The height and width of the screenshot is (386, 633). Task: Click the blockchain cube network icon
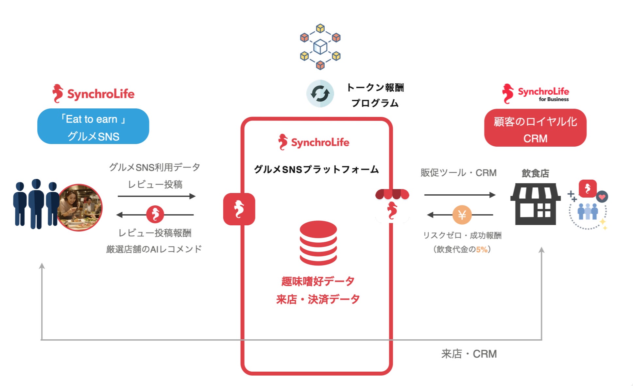pyautogui.click(x=320, y=47)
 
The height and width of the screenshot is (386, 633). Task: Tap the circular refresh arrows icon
pyautogui.click(x=320, y=93)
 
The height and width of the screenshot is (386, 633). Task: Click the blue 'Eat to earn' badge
pyautogui.click(x=93, y=126)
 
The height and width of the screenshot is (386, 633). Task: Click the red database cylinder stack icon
pyautogui.click(x=318, y=243)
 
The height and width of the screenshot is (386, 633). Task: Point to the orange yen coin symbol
pyautogui.click(x=462, y=215)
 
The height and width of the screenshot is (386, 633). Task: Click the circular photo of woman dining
pyautogui.click(x=79, y=207)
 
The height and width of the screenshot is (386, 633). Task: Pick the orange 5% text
pyautogui.click(x=482, y=249)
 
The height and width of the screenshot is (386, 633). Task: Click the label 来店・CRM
pyautogui.click(x=469, y=354)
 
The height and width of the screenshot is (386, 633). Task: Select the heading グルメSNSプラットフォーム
pyautogui.click(x=316, y=169)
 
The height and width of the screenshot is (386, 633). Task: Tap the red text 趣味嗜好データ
pyautogui.click(x=318, y=281)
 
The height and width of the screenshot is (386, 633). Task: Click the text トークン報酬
pyautogui.click(x=375, y=88)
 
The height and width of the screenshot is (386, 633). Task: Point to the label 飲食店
pyautogui.click(x=535, y=173)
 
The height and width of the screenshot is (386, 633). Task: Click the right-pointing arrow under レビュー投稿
pyautogui.click(x=156, y=196)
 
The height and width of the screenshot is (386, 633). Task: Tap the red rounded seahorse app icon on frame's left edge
pyautogui.click(x=239, y=209)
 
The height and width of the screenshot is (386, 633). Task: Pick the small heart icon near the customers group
pyautogui.click(x=602, y=197)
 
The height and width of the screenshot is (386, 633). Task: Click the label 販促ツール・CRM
pyautogui.click(x=458, y=173)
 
